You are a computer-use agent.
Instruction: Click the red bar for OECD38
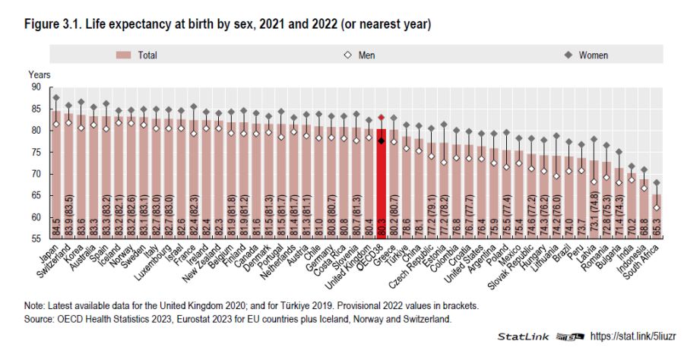click(382, 182)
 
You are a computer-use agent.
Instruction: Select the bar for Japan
click(56, 175)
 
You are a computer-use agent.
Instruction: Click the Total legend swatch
click(125, 55)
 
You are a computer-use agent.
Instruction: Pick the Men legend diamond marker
click(346, 55)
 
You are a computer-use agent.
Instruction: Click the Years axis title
click(40, 74)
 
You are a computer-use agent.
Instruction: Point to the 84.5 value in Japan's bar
click(56, 227)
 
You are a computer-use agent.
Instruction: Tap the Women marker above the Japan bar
click(56, 98)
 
